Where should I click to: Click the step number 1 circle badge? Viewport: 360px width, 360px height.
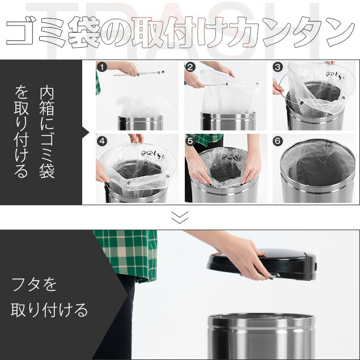(102, 67)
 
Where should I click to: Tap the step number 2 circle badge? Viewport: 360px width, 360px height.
(190, 67)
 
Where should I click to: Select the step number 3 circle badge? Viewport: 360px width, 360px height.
(278, 67)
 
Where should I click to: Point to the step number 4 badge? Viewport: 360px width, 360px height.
(102, 141)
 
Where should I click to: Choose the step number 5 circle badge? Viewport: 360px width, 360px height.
(190, 141)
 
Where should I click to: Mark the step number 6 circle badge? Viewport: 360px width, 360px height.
(278, 141)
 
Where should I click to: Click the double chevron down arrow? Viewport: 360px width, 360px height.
(180, 217)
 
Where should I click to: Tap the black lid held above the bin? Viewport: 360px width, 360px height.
(262, 264)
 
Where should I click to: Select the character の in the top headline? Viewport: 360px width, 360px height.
(116, 32)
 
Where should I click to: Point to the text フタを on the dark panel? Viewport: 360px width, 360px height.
(34, 285)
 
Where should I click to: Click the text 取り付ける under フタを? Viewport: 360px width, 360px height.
(49, 310)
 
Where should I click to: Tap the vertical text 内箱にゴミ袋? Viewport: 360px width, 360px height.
(47, 132)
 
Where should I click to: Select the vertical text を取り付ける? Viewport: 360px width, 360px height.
(22, 132)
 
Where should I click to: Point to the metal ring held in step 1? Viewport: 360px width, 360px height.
(139, 74)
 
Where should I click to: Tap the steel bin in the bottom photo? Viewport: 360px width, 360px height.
(261, 336)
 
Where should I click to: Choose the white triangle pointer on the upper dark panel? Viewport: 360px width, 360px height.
(86, 132)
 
